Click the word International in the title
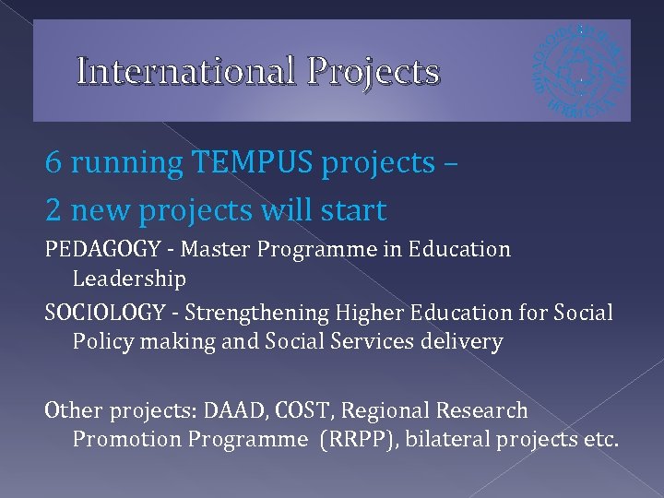pos(186,71)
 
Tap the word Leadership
pos(129,279)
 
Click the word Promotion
pos(126,439)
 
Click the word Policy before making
pos(101,342)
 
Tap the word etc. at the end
pos(600,439)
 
